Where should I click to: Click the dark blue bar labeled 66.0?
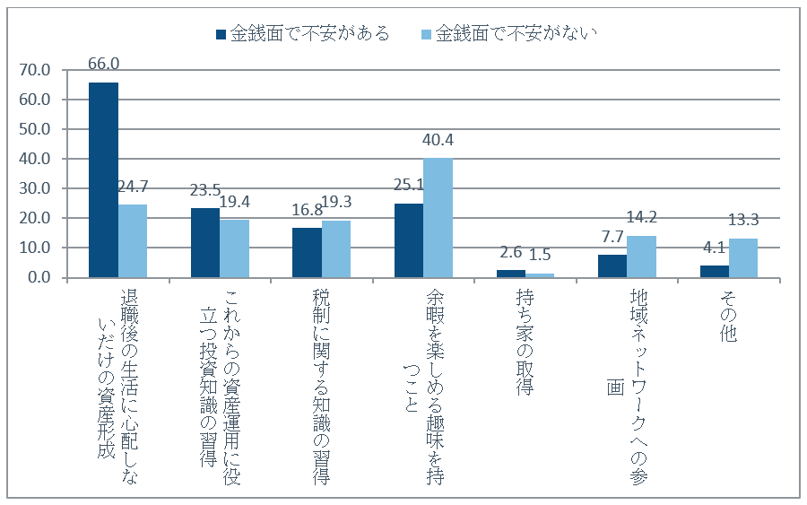tap(103, 180)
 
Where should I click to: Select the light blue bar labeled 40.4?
tap(438, 218)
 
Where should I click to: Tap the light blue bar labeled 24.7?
tap(133, 241)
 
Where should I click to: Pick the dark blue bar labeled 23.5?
tap(205, 243)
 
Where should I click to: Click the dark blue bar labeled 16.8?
tap(308, 253)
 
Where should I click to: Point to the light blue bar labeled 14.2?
tap(641, 257)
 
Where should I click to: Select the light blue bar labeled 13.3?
tap(743, 258)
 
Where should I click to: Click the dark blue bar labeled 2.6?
tap(511, 274)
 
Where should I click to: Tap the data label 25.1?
tap(409, 184)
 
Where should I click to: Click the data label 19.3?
tap(336, 202)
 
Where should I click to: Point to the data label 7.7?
tap(612, 237)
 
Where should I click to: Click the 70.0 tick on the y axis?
tap(35, 70)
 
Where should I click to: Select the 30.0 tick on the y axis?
tap(35, 188)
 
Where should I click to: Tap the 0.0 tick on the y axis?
tap(39, 277)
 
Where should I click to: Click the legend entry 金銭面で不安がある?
tap(303, 34)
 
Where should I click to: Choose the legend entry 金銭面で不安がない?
tap(509, 34)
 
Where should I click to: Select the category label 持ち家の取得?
tap(525, 343)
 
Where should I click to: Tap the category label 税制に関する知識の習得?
tap(321, 387)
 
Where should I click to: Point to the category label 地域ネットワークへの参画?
tap(628, 387)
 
